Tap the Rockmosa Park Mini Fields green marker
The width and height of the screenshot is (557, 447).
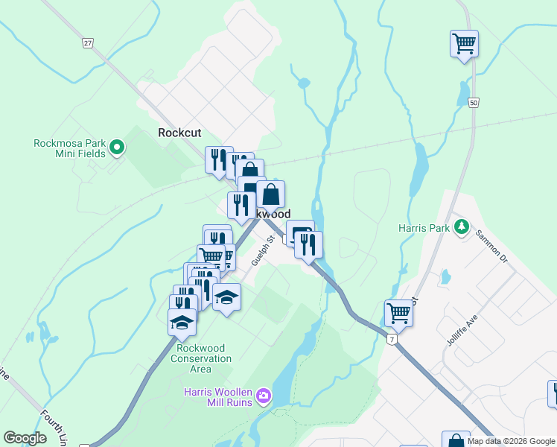pyautogui.click(x=117, y=148)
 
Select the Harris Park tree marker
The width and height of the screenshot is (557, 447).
pyautogui.click(x=462, y=226)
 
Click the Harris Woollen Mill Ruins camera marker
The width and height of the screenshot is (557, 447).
pyautogui.click(x=263, y=396)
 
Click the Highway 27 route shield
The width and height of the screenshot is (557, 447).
pyautogui.click(x=88, y=43)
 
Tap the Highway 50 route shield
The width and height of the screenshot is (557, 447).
pyautogui.click(x=474, y=103)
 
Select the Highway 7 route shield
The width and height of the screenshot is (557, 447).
pyautogui.click(x=392, y=339)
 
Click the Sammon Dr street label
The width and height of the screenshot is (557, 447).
pyautogui.click(x=493, y=247)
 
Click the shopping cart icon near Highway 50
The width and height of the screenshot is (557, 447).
pyautogui.click(x=464, y=43)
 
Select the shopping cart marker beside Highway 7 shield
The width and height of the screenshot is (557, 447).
pyautogui.click(x=399, y=313)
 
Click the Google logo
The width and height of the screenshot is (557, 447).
pyautogui.click(x=25, y=438)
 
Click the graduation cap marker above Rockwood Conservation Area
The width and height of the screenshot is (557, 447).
pyautogui.click(x=182, y=322)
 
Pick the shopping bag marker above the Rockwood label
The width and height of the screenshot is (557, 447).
pyautogui.click(x=271, y=194)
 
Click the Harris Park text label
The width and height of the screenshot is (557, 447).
pyautogui.click(x=422, y=228)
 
